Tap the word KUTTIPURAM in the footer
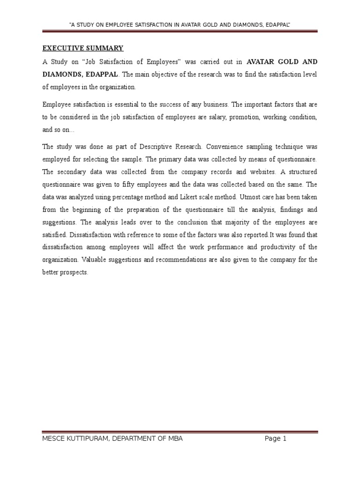[87, 439]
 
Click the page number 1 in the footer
[284, 439]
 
